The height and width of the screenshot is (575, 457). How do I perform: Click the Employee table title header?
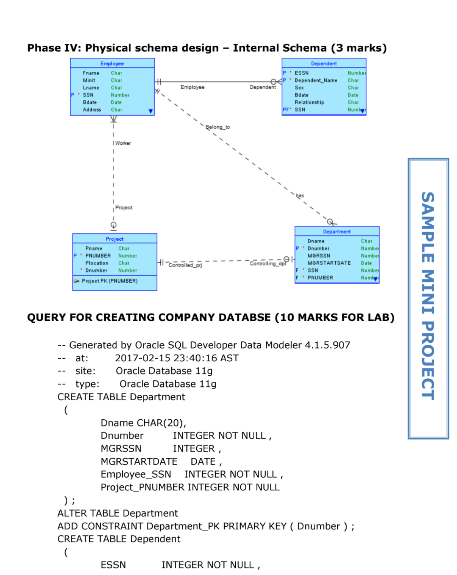(112, 63)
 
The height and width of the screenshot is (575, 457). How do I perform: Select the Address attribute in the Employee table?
(92, 110)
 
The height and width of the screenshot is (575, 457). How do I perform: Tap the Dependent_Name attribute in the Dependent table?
(316, 80)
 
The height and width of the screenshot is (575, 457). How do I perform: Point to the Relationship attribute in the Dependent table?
(309, 102)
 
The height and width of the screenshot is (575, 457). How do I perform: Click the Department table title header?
(337, 231)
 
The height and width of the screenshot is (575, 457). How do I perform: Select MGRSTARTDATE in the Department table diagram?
(329, 263)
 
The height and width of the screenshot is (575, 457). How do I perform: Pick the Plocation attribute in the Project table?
(97, 263)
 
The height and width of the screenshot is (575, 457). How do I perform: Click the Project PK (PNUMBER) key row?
(109, 281)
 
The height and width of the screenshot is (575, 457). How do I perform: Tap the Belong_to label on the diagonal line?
(217, 127)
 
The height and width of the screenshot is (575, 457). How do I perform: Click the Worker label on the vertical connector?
(123, 143)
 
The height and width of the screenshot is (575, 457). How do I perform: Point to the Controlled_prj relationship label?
(185, 265)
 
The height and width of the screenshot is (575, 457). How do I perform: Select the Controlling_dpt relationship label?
(268, 264)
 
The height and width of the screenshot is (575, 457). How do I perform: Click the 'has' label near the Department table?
(300, 195)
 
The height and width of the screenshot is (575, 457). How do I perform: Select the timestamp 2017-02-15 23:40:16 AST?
(176, 358)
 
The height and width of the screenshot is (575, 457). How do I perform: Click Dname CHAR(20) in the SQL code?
(143, 423)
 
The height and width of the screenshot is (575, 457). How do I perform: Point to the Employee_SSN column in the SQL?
(136, 474)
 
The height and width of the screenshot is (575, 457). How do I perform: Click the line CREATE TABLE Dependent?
(119, 539)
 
